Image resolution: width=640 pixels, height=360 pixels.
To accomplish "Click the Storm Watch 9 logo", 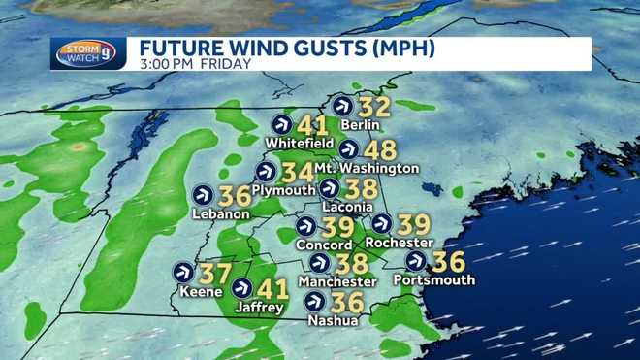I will click(88, 53).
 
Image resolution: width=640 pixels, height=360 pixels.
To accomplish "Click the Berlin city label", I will click(359, 125).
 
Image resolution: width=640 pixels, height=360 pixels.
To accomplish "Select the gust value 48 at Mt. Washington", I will click(381, 150).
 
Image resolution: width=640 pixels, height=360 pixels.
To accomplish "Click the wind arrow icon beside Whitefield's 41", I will click(282, 124).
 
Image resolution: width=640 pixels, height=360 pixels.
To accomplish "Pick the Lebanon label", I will click(222, 213).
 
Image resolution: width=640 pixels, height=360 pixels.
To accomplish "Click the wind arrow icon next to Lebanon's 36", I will click(204, 194).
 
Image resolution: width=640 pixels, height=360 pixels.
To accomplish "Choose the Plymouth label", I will click(282, 189).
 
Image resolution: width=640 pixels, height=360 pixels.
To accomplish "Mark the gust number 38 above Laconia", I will click(360, 188).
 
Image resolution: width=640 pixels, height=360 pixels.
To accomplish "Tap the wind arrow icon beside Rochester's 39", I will click(381, 223).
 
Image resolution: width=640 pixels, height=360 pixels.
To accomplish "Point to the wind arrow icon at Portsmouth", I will click(416, 261).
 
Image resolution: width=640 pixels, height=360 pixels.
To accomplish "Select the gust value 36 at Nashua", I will click(347, 302).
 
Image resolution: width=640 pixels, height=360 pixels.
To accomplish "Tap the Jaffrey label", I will click(259, 308).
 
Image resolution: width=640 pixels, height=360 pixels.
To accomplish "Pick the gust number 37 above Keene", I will click(215, 273).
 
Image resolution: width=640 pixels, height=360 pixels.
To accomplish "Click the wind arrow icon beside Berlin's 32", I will click(342, 106).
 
